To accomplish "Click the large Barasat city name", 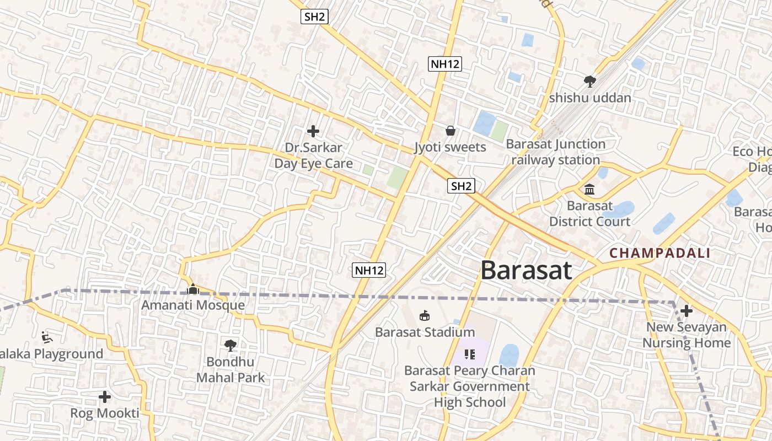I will tap(526, 271).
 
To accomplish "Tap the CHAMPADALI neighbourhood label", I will tap(660, 254).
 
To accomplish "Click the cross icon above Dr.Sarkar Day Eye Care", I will tap(313, 131).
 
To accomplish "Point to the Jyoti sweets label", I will tap(450, 147).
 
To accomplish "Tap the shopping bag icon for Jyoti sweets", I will tap(451, 131).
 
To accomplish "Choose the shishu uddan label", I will tap(590, 98).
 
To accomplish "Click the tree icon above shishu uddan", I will tap(589, 82).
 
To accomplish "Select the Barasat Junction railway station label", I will tap(556, 152).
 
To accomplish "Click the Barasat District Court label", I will tap(589, 214).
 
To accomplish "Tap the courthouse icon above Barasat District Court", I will tap(589, 190).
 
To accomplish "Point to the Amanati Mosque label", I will tap(193, 305).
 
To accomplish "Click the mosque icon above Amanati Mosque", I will tap(192, 288).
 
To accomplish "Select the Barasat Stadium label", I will tap(425, 332).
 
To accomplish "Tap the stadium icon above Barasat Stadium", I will tap(425, 316).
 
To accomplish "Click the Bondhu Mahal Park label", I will tap(230, 370).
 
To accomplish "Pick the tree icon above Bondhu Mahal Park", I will tap(230, 346).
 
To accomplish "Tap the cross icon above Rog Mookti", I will tap(105, 397).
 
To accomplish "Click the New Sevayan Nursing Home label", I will tap(687, 335).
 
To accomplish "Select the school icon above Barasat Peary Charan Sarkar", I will tap(470, 354).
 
